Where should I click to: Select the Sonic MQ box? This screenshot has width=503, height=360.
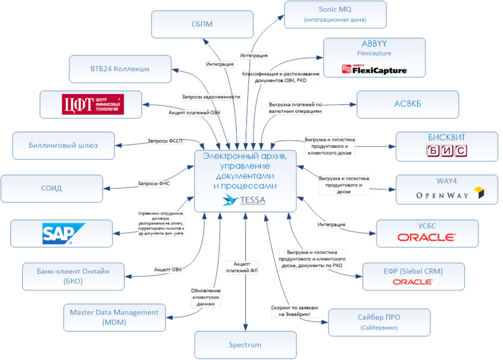click(x=335, y=14)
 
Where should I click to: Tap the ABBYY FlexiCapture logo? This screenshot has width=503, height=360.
click(x=375, y=69)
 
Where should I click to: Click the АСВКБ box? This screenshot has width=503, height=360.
click(x=407, y=103)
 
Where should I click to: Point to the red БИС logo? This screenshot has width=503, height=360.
click(x=446, y=151)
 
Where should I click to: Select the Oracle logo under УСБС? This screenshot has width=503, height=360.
click(x=426, y=237)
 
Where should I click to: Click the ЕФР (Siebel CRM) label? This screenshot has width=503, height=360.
click(x=413, y=271)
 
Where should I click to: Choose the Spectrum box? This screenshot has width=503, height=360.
click(x=245, y=345)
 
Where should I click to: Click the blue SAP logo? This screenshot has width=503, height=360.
click(x=63, y=234)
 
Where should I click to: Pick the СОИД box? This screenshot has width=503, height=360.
click(x=51, y=188)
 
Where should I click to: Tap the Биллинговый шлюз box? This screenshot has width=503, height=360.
click(x=63, y=145)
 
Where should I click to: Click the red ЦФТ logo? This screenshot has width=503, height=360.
click(x=93, y=104)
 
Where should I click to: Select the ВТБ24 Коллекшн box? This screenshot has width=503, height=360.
click(x=120, y=69)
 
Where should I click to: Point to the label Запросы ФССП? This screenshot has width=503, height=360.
click(x=165, y=141)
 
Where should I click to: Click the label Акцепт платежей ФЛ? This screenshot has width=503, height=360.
click(x=246, y=267)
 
